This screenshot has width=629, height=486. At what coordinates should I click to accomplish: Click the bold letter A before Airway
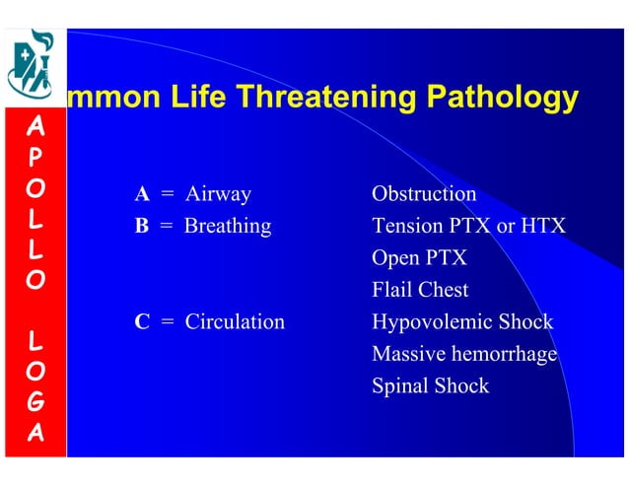coord(142,194)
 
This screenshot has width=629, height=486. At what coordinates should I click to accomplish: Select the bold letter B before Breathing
coord(142,227)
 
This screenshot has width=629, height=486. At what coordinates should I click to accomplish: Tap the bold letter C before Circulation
coord(142,322)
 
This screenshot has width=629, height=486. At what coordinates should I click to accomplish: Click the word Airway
coord(218,194)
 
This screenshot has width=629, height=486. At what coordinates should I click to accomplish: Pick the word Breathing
coord(228,227)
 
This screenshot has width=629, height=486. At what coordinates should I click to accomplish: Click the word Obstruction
coord(424,194)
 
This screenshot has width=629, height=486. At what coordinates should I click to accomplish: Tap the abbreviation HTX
coord(543,227)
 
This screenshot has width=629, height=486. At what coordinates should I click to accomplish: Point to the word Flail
coord(391,291)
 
